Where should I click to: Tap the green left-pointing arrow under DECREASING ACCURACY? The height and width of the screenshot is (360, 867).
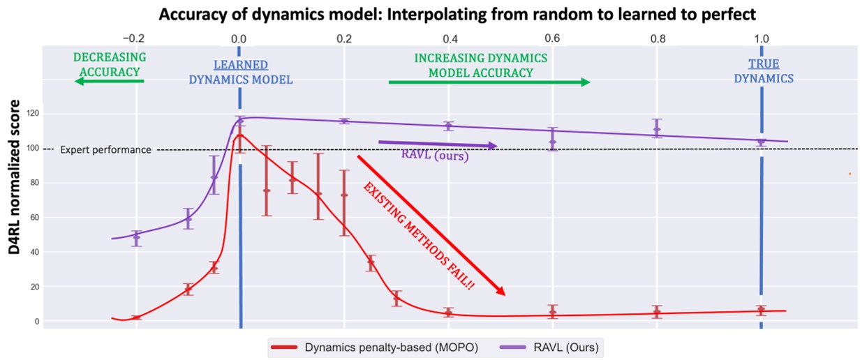(x=109, y=82)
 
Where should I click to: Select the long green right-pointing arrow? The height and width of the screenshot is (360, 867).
(x=489, y=82)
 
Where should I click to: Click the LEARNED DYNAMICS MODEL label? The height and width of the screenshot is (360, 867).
(x=242, y=73)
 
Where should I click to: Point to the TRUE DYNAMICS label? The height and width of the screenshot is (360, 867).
(x=763, y=72)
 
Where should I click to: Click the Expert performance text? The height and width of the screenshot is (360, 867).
(x=105, y=149)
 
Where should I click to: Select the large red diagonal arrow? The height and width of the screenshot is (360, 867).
(x=431, y=225)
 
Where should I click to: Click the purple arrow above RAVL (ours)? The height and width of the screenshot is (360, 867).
(x=437, y=144)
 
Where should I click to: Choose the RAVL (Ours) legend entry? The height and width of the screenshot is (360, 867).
(x=552, y=347)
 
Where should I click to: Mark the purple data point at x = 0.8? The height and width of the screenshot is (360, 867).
(x=656, y=129)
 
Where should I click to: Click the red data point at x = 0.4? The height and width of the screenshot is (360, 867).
(x=448, y=312)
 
